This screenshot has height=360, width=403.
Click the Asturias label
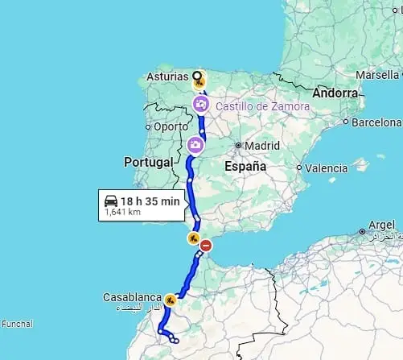(166, 77)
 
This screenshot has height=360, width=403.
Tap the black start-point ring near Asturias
(195, 77)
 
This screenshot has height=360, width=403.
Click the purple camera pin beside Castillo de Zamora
(201, 104)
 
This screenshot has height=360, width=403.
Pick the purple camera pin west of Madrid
(195, 145)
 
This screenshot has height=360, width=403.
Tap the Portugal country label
(149, 162)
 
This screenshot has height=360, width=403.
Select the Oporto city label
(170, 126)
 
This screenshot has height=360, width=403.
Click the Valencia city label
(326, 168)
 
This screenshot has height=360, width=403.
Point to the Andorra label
(335, 93)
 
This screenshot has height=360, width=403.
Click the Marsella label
(376, 75)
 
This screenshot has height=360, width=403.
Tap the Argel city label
(381, 225)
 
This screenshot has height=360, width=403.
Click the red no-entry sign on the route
(206, 246)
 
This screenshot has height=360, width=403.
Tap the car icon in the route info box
(111, 201)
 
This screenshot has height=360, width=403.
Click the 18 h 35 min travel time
(150, 201)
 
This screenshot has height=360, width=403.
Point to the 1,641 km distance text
(123, 213)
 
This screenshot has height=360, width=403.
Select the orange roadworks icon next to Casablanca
(170, 301)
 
